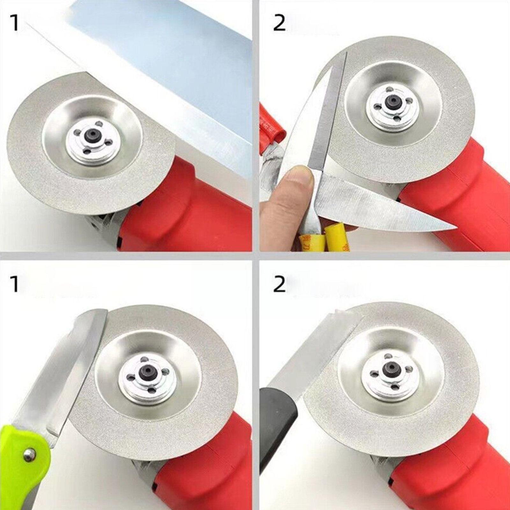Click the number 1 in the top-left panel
(15, 23)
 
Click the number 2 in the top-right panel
(280, 23)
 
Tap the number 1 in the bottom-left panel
(15, 284)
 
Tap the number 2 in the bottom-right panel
(280, 284)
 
